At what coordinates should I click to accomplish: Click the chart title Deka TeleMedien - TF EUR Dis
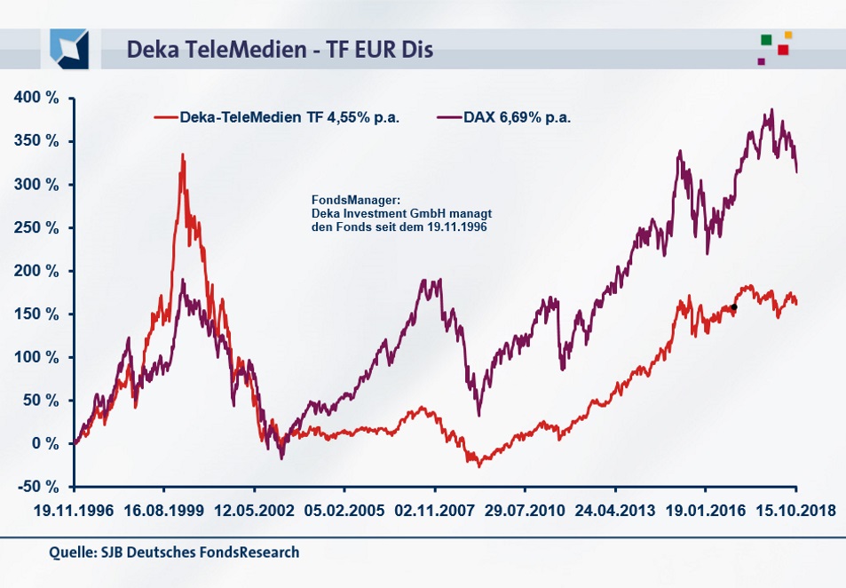coord(280,49)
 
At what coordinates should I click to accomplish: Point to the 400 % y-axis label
coord(36,99)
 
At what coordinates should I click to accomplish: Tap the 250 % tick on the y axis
coord(36,228)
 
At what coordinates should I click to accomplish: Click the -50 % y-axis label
coord(36,487)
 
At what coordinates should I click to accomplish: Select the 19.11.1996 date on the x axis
coord(75,513)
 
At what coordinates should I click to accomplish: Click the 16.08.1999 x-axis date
coord(164,513)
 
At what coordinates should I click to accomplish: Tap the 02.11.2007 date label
coord(435,513)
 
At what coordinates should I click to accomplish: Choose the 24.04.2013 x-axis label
coord(615,513)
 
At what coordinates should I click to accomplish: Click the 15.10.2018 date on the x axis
coord(795,513)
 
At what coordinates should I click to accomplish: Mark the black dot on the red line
coord(733,307)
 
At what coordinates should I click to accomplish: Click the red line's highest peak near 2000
coord(182,155)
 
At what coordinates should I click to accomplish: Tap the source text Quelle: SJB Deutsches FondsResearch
coord(174,552)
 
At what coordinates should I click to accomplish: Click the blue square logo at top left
coord(69,48)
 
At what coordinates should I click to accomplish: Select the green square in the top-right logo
coord(765,39)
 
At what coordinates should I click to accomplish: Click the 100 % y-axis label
coord(36,357)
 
